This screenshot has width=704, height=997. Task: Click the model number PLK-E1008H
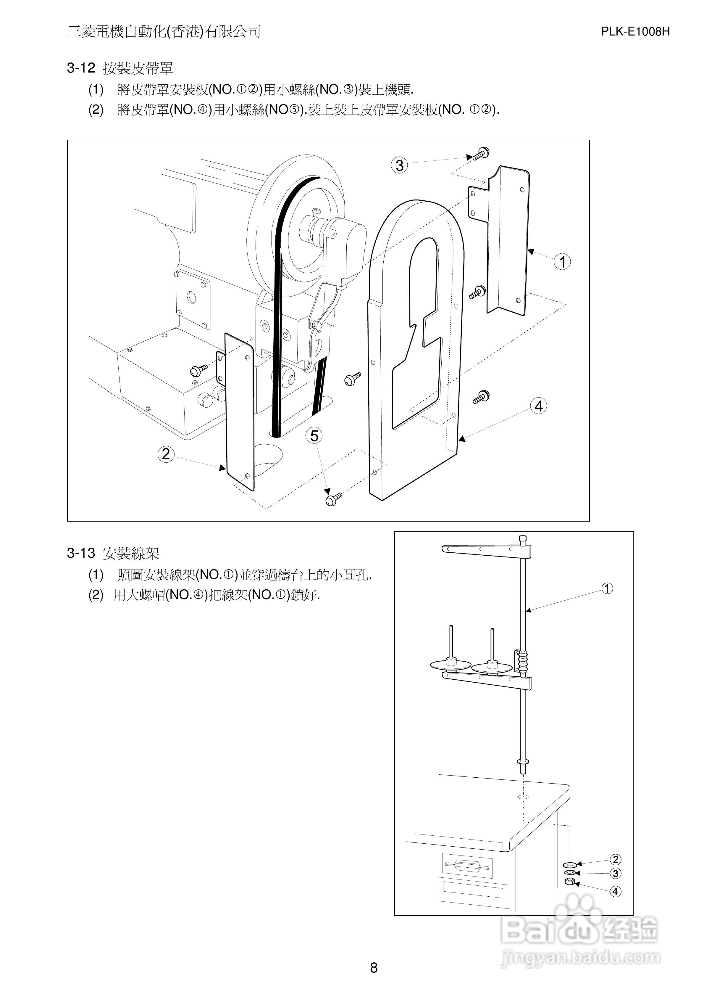(635, 32)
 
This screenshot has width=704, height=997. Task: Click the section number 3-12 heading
(81, 68)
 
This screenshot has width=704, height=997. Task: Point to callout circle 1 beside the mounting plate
(563, 262)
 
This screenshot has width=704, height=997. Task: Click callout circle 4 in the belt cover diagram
(539, 406)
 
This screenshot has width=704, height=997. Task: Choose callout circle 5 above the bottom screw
(314, 435)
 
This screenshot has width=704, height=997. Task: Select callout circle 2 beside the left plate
(166, 454)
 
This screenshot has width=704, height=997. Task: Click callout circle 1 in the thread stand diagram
(607, 588)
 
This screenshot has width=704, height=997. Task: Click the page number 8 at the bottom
(374, 967)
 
